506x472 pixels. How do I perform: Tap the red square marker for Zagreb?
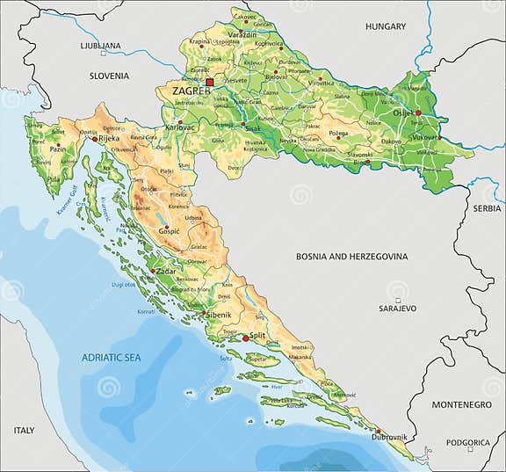(x=209, y=83)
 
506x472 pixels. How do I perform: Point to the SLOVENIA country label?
(x=110, y=76)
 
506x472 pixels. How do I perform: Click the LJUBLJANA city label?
(x=99, y=45)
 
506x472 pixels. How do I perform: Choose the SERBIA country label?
(x=486, y=208)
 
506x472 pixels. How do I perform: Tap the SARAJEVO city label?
(x=397, y=309)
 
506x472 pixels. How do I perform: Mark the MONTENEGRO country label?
(x=460, y=404)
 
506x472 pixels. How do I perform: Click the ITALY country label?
(x=24, y=430)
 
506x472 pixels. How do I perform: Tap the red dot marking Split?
(x=246, y=337)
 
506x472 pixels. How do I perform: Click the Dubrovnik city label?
(x=388, y=437)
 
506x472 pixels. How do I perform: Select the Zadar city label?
(x=166, y=272)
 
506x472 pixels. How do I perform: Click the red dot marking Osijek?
(x=419, y=113)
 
